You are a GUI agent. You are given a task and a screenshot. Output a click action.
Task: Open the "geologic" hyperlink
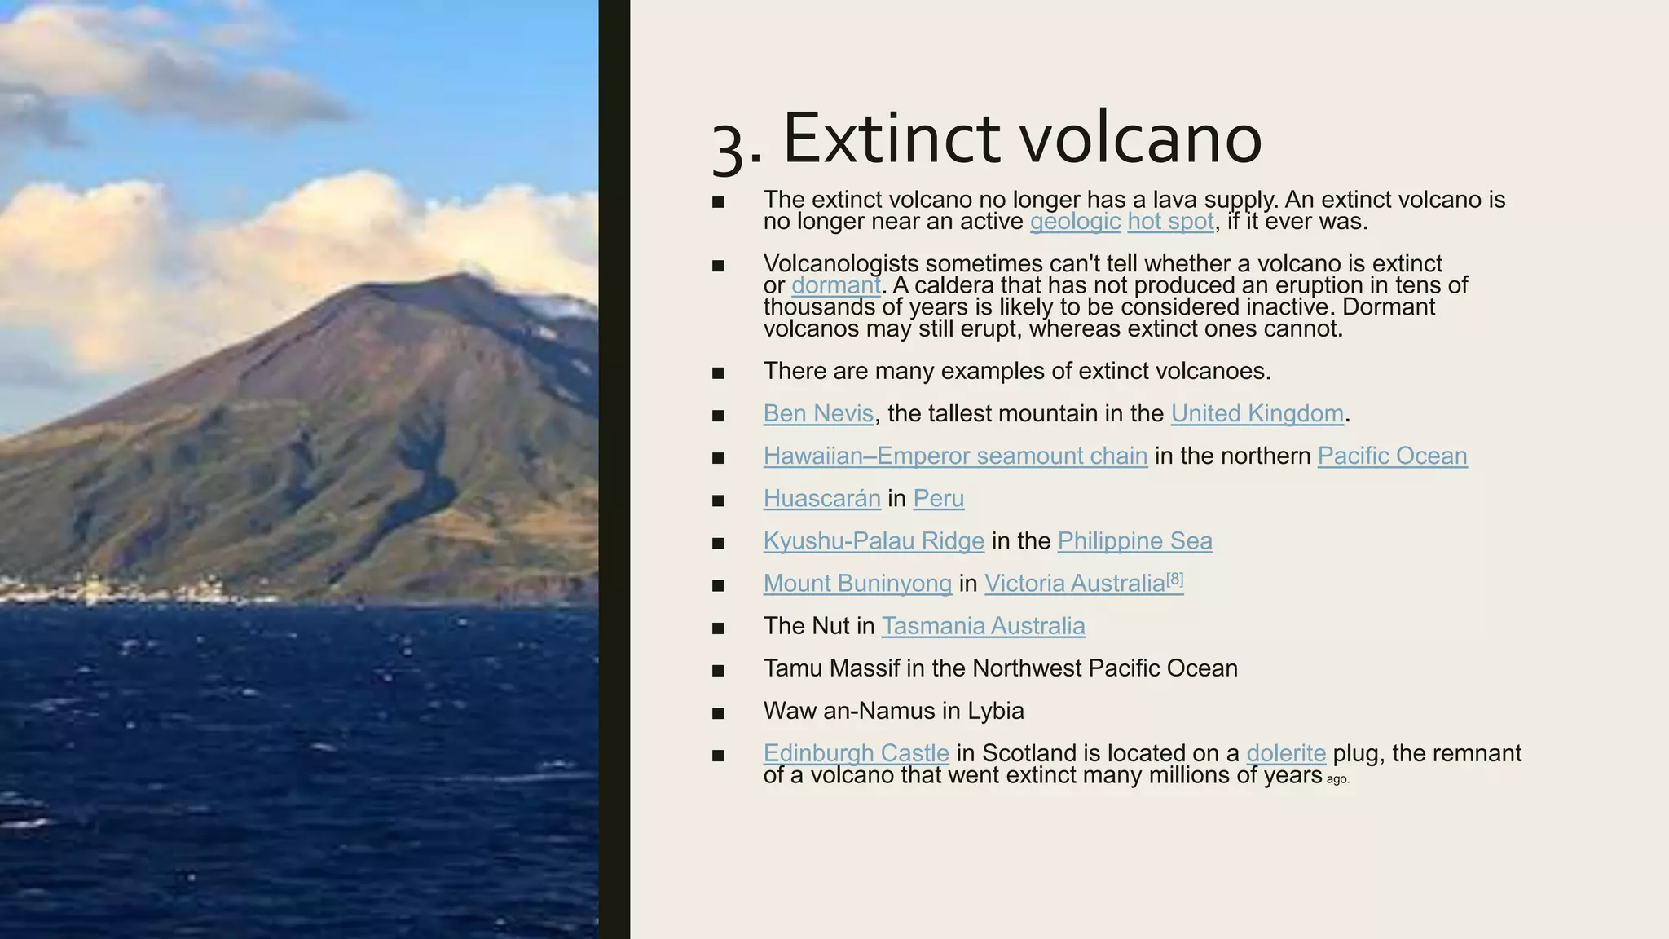(x=1075, y=222)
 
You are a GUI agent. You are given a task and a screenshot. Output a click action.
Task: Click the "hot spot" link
(x=1170, y=222)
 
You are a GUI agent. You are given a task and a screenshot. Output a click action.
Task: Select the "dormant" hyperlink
(x=835, y=285)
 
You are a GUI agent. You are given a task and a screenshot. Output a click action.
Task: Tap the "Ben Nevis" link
(x=818, y=414)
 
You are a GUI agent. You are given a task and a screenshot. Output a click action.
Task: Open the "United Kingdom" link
(x=1257, y=414)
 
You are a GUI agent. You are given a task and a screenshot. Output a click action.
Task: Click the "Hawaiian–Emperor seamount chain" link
(x=955, y=456)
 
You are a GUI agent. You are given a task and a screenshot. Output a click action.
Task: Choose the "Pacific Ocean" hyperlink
(x=1392, y=456)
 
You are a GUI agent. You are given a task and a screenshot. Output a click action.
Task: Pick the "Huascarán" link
(x=821, y=499)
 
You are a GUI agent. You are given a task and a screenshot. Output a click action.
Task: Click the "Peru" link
(x=938, y=499)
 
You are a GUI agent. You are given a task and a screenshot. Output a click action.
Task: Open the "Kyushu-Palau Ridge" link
(x=874, y=541)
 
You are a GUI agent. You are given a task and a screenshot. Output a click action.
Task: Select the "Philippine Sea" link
(x=1134, y=541)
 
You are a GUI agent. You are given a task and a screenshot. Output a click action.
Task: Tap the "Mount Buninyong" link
(x=857, y=584)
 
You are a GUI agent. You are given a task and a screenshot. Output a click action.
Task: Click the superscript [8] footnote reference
(x=1174, y=579)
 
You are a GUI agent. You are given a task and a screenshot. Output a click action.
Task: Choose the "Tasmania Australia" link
(x=983, y=626)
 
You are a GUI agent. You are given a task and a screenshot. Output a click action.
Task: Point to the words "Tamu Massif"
(x=831, y=668)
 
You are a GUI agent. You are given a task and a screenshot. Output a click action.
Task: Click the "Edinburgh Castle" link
(x=856, y=753)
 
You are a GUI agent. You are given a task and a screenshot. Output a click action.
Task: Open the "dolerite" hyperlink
(x=1286, y=753)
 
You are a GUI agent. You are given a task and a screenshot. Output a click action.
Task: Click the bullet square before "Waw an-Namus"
(x=718, y=713)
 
